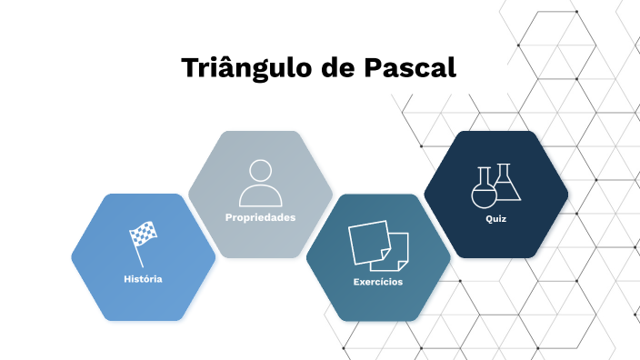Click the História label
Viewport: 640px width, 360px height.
coord(143,279)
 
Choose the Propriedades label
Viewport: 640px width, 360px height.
coord(260,217)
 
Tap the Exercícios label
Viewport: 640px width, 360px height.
coord(378,282)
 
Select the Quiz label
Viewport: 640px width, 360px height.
coord(495,219)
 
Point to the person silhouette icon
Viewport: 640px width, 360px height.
coord(260,182)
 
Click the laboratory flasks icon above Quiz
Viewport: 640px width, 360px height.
coord(495,185)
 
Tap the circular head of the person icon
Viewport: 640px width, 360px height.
coord(260,170)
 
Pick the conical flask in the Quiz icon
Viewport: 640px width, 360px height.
coord(507,184)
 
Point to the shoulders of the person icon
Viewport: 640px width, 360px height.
coord(260,196)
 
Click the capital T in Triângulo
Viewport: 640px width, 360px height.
coord(189,69)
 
